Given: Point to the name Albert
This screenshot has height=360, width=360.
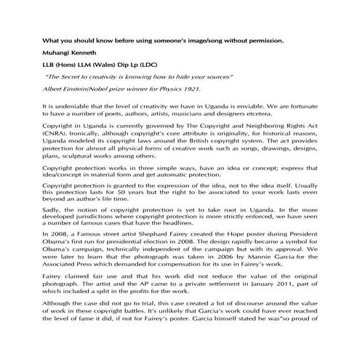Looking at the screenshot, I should click(57, 88).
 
